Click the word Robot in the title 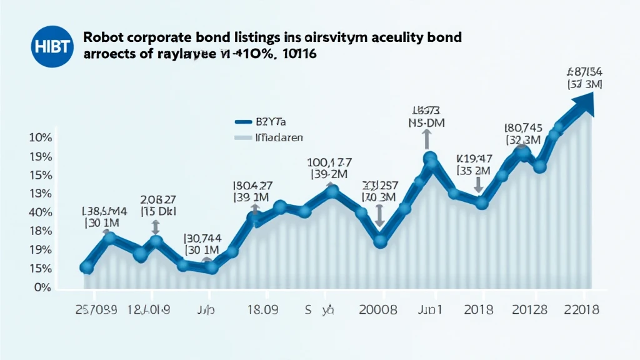[x=104, y=37]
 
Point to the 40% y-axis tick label [x=40, y=212]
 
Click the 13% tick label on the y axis [x=40, y=194]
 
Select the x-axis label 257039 [x=96, y=310]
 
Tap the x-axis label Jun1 [x=431, y=310]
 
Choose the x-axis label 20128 [x=529, y=310]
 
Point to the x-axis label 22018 [x=581, y=310]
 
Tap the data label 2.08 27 [x=157, y=199]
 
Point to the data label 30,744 [x=201, y=237]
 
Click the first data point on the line [x=87, y=268]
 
